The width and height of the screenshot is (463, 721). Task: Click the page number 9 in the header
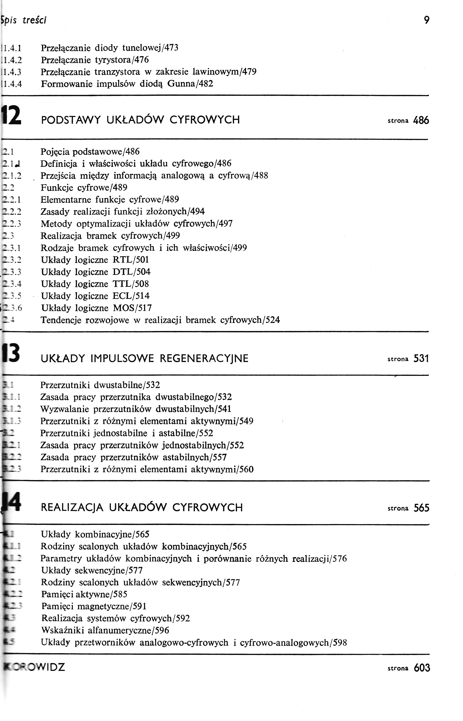point(426,20)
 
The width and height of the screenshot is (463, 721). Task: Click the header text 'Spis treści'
point(24,20)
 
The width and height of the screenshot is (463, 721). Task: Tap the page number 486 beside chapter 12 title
point(421,120)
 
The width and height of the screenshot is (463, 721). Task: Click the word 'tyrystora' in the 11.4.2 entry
point(112,60)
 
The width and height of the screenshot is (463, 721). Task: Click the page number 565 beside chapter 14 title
point(421,508)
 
